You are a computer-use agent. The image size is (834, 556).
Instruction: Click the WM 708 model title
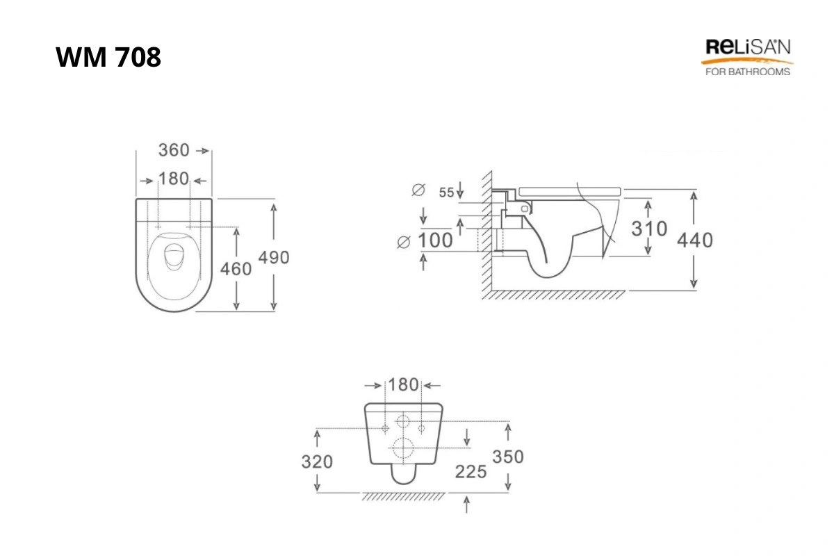click(108, 57)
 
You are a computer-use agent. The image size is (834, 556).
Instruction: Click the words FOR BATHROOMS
click(748, 72)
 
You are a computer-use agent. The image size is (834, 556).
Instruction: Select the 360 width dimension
click(174, 150)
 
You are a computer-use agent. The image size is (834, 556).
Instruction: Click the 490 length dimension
click(274, 257)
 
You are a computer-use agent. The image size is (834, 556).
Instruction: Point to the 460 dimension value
click(236, 268)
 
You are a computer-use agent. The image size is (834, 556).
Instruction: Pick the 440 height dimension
click(695, 240)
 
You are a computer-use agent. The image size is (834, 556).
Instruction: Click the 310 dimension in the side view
click(649, 228)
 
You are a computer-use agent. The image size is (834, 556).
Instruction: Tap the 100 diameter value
click(435, 240)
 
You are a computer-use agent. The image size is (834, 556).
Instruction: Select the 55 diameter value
click(446, 193)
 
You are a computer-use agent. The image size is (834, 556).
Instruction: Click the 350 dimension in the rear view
click(508, 457)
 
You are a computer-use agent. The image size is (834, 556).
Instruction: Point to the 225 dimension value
click(471, 472)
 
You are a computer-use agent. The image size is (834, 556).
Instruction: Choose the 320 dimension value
click(317, 461)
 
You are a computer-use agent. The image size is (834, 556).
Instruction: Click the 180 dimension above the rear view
click(403, 385)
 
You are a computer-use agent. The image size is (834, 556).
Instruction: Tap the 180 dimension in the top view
click(174, 179)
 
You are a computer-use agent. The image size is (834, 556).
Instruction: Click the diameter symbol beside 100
click(404, 242)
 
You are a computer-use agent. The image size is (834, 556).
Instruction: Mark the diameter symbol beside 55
click(418, 190)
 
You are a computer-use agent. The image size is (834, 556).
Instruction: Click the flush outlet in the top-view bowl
click(174, 256)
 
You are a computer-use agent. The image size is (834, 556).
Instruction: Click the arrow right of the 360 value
click(203, 151)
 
